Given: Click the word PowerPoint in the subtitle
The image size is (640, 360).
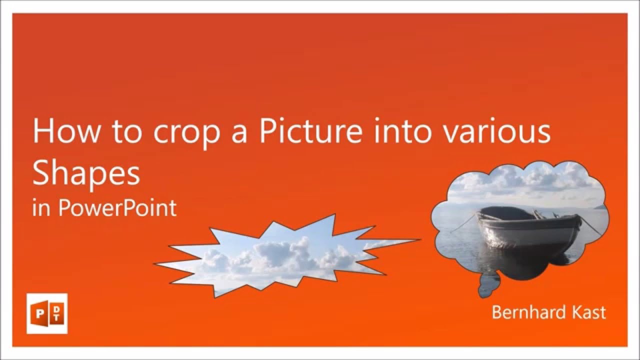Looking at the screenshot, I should click(117, 207).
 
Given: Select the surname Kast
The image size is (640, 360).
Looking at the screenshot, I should click(589, 312).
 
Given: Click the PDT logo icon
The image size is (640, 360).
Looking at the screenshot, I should click(47, 313).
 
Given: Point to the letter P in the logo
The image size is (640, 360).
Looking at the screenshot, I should click(39, 313).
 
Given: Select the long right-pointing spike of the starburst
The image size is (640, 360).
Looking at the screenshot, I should click(400, 241).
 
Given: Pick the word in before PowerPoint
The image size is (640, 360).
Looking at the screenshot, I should click(41, 207).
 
